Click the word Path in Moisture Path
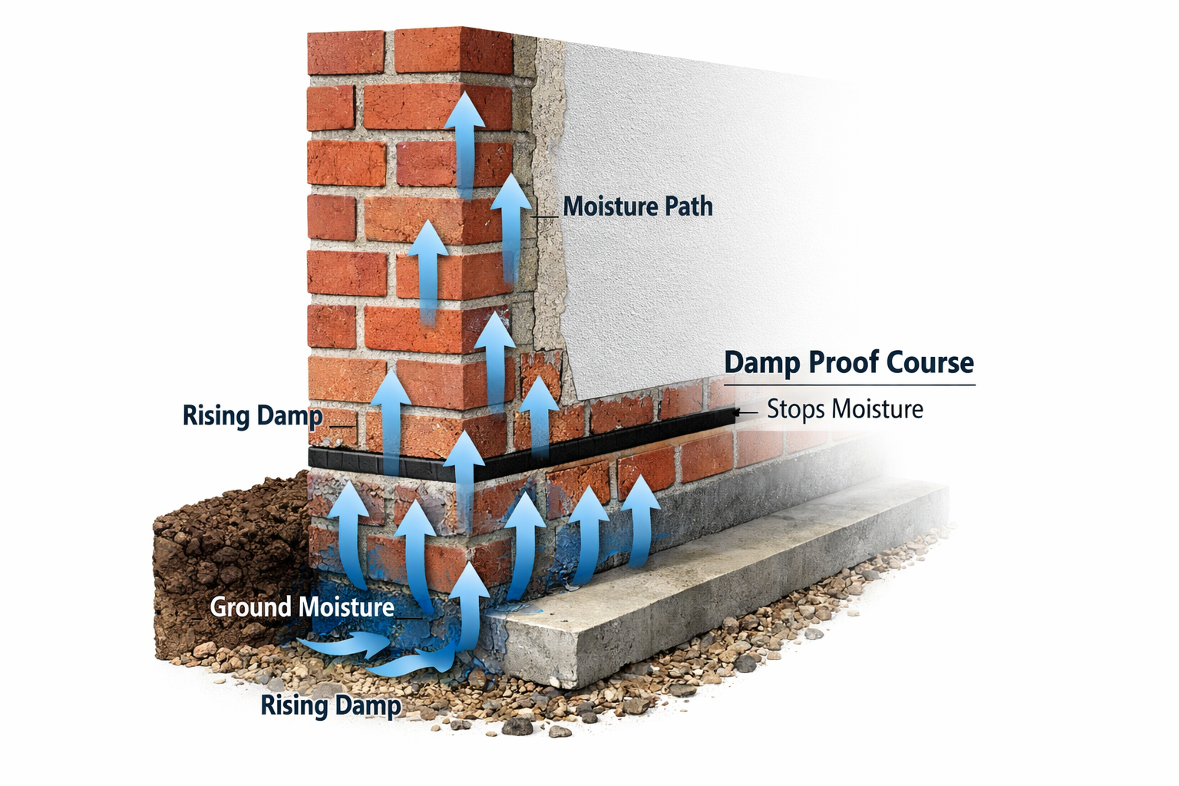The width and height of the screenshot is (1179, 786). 689,206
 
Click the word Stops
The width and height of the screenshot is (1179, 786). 795,409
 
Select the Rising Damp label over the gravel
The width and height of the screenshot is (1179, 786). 331,705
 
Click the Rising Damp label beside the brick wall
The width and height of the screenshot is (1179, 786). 253,415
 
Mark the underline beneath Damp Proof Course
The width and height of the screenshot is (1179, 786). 850,384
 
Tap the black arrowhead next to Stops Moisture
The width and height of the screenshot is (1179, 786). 738,412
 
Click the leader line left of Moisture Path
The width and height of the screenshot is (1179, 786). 545,217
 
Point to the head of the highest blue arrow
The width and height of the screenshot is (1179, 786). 465,110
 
